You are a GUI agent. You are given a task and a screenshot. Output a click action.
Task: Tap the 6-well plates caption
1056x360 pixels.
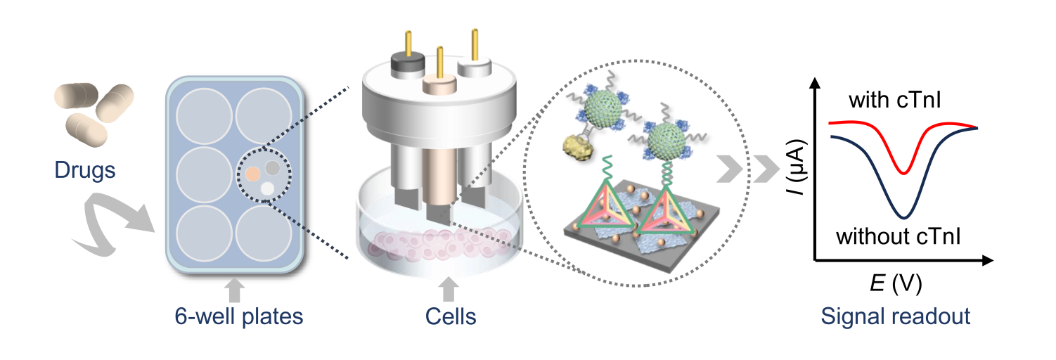[239, 316]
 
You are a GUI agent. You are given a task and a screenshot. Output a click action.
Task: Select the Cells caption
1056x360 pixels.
[451, 316]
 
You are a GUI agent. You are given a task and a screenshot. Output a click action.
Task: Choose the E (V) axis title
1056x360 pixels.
[894, 283]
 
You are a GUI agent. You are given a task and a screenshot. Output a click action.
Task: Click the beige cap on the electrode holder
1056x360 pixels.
[440, 84]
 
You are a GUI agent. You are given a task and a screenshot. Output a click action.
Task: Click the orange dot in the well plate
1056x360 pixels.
[253, 172]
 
